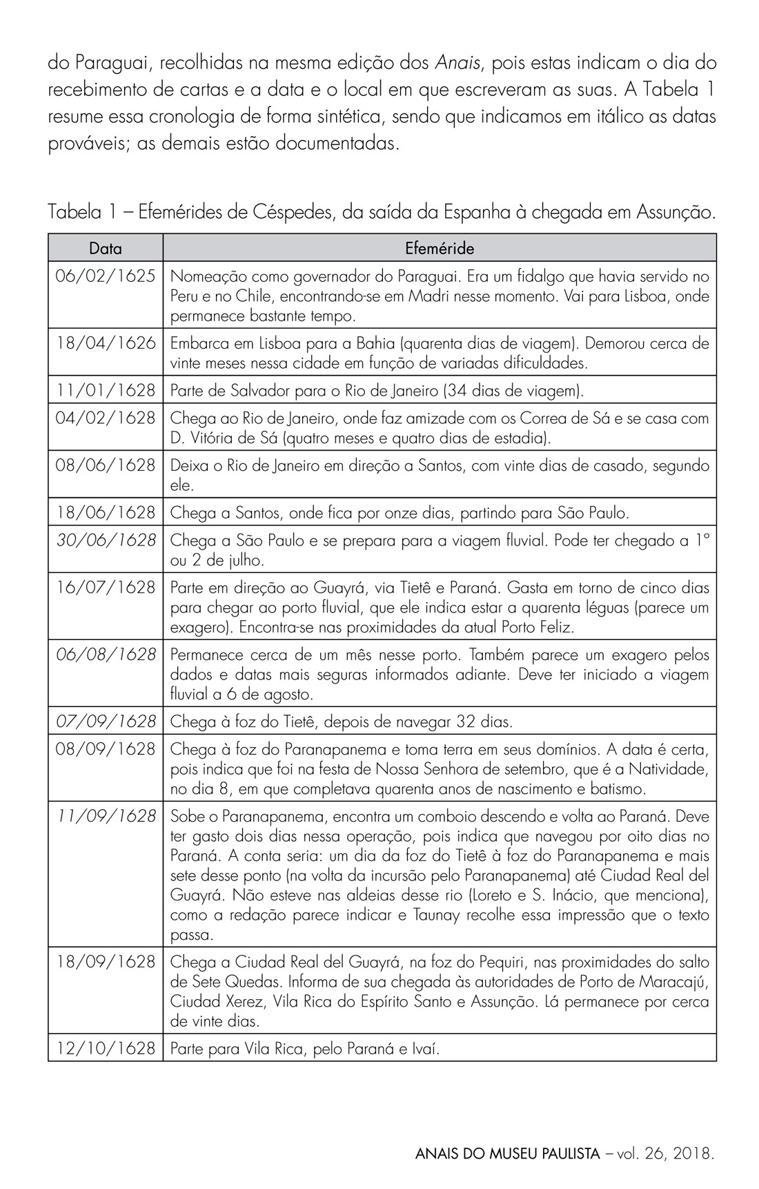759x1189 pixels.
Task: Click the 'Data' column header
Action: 106,248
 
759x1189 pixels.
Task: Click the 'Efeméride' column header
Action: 440,248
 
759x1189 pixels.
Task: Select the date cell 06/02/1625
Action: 106,276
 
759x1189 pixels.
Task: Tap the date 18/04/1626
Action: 106,343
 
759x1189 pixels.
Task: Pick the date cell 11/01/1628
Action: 106,391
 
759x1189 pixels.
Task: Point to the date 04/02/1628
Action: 106,418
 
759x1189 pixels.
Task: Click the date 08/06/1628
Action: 106,465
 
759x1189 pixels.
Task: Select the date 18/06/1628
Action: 106,513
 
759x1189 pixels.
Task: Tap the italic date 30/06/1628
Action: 106,540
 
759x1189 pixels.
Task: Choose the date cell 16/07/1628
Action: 106,588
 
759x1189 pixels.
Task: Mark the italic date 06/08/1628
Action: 106,655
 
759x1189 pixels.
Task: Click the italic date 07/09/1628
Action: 106,722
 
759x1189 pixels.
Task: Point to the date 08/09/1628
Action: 106,749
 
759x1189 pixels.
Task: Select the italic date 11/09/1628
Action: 106,817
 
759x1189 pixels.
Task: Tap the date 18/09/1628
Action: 106,962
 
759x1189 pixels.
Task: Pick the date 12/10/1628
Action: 106,1049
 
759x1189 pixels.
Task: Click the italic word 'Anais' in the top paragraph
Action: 453,64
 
